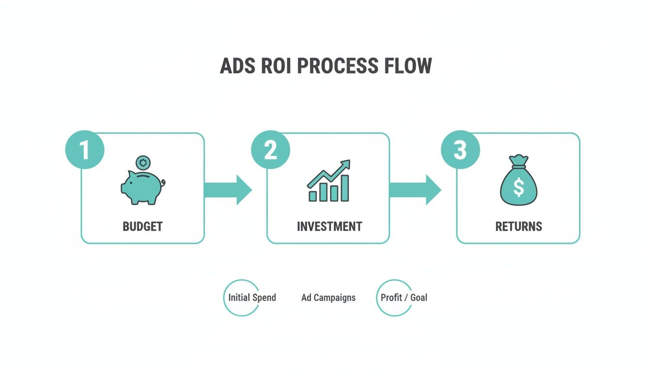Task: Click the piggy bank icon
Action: click(142, 187)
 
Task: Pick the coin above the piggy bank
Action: click(143, 162)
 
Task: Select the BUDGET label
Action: click(142, 226)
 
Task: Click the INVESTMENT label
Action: click(329, 226)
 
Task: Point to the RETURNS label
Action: click(518, 226)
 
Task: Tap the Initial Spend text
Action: click(252, 298)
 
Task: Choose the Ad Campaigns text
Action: click(328, 298)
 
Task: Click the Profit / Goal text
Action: click(404, 298)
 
